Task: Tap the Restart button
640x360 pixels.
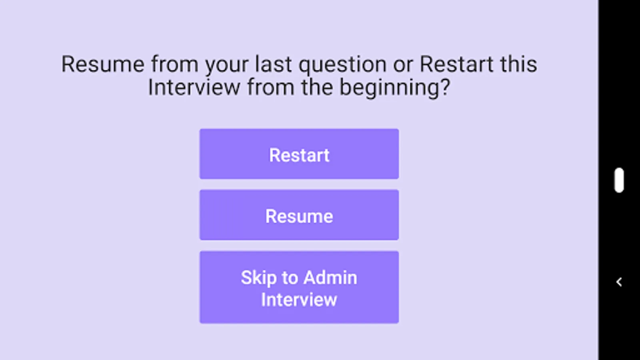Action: (x=299, y=154)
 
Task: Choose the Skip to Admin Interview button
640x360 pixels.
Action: (x=299, y=287)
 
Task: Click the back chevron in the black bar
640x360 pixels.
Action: (x=619, y=282)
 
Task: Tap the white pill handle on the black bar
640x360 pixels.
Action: (x=619, y=180)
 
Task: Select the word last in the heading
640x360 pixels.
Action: (x=274, y=64)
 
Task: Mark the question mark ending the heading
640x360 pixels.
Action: (x=446, y=87)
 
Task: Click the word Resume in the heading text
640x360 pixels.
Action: (x=103, y=64)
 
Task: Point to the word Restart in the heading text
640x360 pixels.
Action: (x=456, y=64)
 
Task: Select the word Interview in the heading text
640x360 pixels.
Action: (x=194, y=87)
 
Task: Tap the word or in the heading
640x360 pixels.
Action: (x=403, y=66)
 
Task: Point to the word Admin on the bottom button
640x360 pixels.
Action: (x=330, y=277)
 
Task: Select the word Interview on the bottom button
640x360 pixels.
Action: (x=299, y=300)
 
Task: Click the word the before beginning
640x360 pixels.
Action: (x=317, y=87)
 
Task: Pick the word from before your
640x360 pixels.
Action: (x=175, y=64)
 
